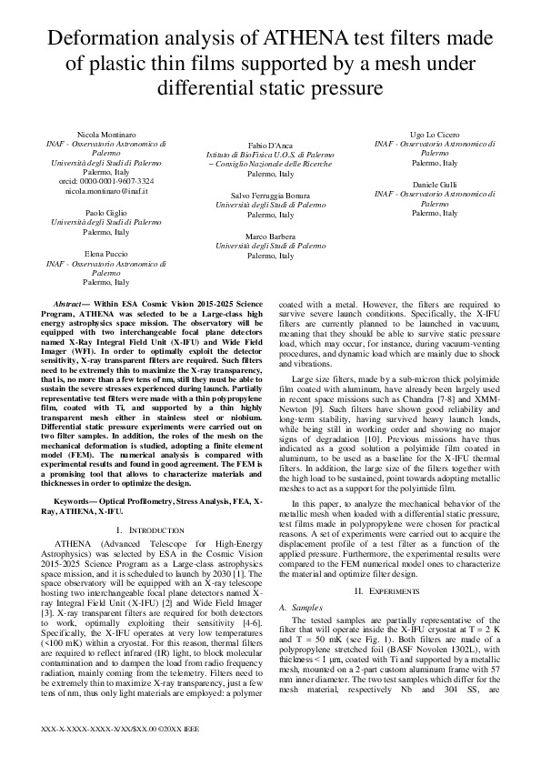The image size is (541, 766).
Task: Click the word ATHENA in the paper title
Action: click(310, 40)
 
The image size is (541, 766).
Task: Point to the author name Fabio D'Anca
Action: click(270, 146)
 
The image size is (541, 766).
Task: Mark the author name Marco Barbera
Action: click(270, 236)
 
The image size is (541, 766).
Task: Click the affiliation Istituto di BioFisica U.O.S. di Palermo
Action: click(270, 156)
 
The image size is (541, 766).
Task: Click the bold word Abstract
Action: click(69, 303)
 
